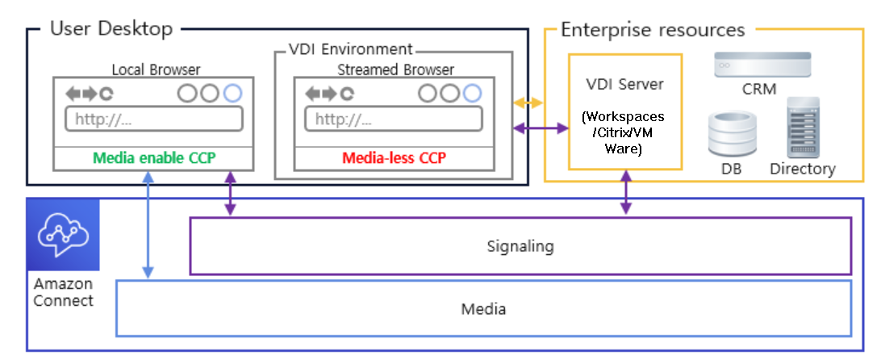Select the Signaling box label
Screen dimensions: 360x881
click(x=520, y=245)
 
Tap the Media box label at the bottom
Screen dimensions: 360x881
click(x=483, y=308)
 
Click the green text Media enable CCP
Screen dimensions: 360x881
click(x=153, y=157)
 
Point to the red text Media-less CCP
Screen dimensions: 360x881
click(x=394, y=157)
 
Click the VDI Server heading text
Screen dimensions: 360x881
click(x=624, y=86)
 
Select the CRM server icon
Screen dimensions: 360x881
click(x=762, y=65)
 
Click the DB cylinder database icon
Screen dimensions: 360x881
click(x=733, y=135)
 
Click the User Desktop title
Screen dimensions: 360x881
click(x=111, y=29)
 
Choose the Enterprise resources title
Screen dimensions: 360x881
click(x=652, y=30)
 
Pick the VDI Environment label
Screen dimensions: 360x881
click(x=350, y=50)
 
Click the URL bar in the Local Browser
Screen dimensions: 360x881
click(x=153, y=119)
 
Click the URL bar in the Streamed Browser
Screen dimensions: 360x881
click(x=394, y=119)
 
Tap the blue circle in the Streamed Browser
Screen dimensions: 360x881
click(x=472, y=94)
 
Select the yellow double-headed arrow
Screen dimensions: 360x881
click(x=528, y=103)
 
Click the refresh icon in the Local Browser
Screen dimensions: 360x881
click(x=106, y=94)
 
